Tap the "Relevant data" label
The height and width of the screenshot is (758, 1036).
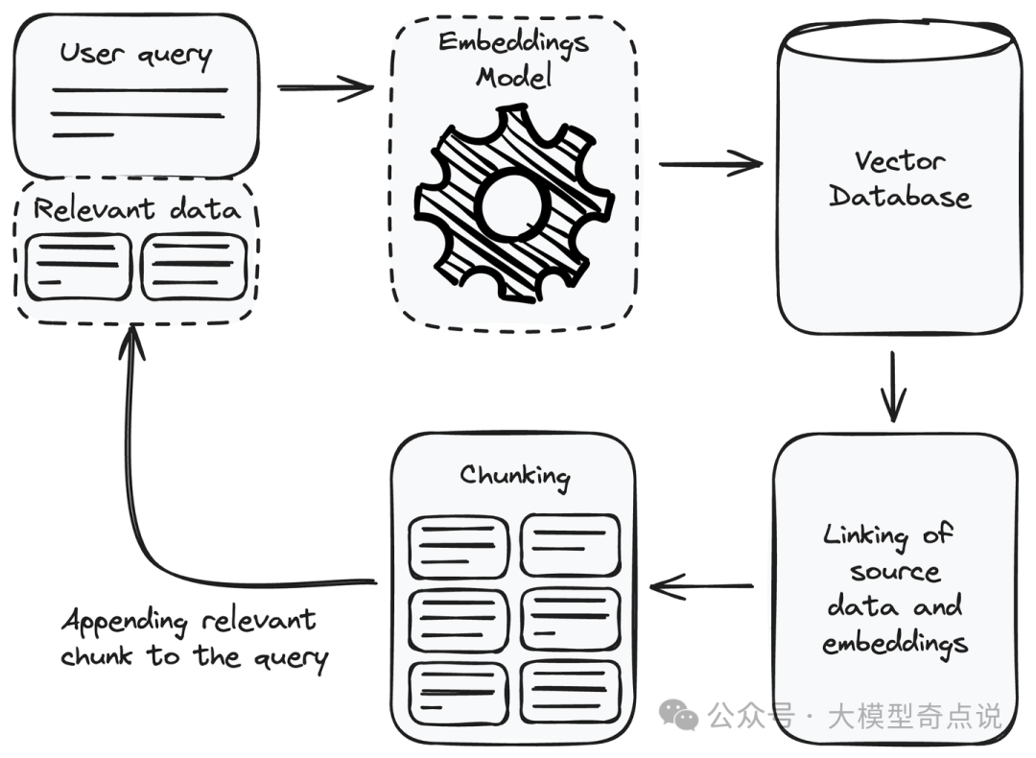click(136, 209)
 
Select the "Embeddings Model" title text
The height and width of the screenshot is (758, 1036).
click(513, 58)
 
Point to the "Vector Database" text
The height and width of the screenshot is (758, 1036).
click(899, 179)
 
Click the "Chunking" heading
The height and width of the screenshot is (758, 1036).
click(514, 475)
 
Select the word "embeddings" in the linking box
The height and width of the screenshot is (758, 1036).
click(895, 643)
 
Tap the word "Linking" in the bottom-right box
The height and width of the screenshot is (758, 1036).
click(863, 534)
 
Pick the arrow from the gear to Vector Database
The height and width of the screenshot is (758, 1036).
click(710, 163)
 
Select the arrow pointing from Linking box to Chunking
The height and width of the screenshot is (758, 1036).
click(702, 585)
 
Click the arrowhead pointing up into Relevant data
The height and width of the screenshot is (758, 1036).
click(132, 338)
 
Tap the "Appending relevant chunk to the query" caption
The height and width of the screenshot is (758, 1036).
click(192, 638)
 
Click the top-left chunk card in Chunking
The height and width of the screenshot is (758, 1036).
click(458, 547)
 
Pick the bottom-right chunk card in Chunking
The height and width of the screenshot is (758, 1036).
click(571, 691)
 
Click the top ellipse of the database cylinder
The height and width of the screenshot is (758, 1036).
click(896, 40)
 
